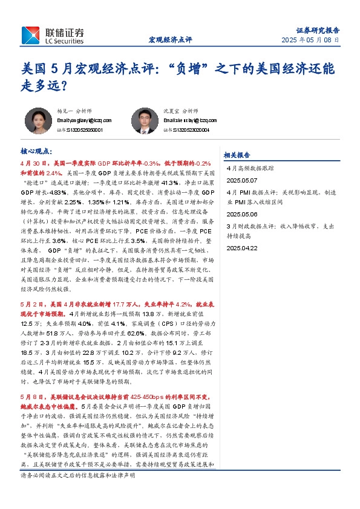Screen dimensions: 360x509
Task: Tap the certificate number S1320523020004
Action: click(x=190, y=129)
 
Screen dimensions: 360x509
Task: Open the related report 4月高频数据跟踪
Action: click(x=250, y=169)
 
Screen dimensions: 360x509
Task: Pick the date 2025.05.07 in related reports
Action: click(x=242, y=180)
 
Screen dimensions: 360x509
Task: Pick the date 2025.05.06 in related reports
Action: click(x=242, y=214)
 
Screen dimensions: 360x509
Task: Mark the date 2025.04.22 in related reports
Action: click(x=242, y=248)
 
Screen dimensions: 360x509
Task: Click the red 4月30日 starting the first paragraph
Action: click(x=34, y=163)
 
